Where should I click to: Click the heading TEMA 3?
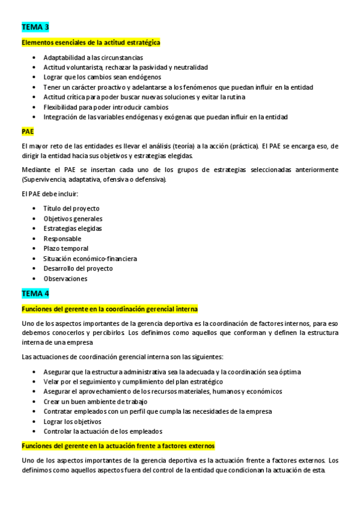click(x=35, y=27)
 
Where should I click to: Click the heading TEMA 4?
click(x=35, y=293)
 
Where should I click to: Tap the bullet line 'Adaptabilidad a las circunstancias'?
click(x=93, y=58)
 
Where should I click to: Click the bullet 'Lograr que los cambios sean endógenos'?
click(x=102, y=78)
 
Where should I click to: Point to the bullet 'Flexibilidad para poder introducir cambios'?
click(x=105, y=107)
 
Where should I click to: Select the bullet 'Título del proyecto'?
click(x=72, y=209)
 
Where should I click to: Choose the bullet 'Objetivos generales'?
click(x=73, y=219)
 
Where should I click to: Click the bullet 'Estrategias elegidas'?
click(x=73, y=229)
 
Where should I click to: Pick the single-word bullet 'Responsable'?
click(x=63, y=239)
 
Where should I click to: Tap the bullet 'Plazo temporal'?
click(x=66, y=248)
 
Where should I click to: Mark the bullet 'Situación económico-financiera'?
click(x=90, y=259)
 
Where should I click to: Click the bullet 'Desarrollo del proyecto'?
click(x=78, y=268)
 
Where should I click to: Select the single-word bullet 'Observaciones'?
click(x=66, y=278)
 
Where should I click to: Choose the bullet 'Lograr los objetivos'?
click(x=73, y=421)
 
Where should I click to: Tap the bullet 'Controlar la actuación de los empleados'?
click(x=103, y=431)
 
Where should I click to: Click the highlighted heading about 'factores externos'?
click(x=118, y=446)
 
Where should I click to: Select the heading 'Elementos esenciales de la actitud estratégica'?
click(x=91, y=43)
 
